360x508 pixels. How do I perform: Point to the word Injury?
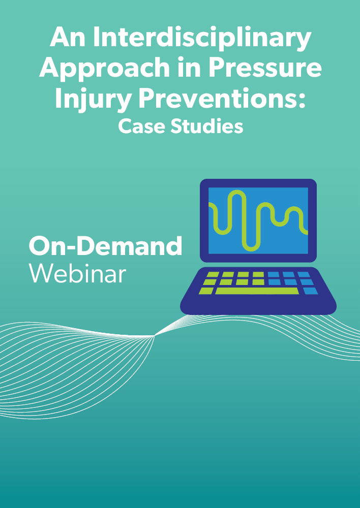93,99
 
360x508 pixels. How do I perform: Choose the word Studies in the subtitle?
207,126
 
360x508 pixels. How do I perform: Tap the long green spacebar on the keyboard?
257,291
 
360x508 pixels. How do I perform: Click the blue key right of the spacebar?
310,291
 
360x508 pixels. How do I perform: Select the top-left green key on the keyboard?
213,274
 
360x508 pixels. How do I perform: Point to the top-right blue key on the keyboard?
304,274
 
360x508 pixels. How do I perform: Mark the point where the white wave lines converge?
154,336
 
